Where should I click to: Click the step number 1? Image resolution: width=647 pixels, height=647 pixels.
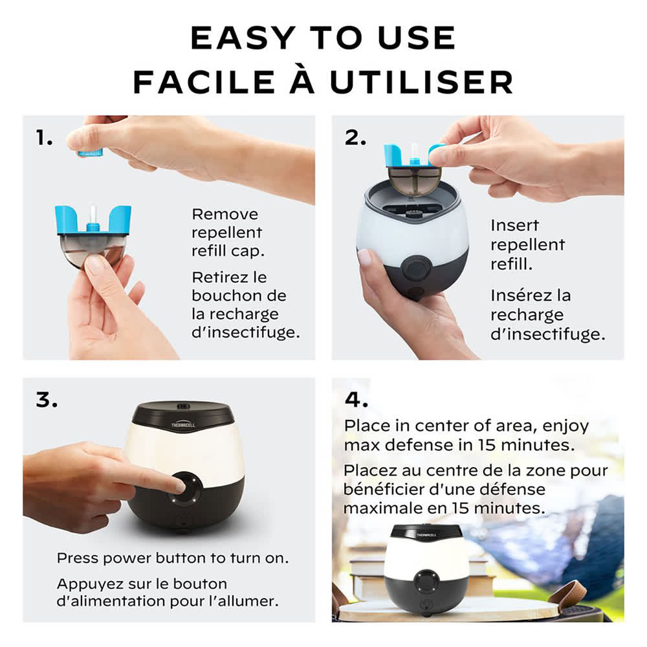point(44,138)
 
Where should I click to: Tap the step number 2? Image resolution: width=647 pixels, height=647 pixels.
point(355,138)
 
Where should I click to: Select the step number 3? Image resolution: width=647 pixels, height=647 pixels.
point(47,400)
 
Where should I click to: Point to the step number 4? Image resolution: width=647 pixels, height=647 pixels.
point(356,400)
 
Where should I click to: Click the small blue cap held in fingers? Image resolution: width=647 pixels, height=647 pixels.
point(90,153)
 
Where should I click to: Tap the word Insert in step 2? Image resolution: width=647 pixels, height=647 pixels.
point(514,226)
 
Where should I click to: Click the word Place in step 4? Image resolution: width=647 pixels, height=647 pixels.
point(367,426)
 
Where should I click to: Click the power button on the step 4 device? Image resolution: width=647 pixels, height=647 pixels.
point(426,580)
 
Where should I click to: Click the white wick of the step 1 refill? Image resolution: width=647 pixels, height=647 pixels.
point(93,215)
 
